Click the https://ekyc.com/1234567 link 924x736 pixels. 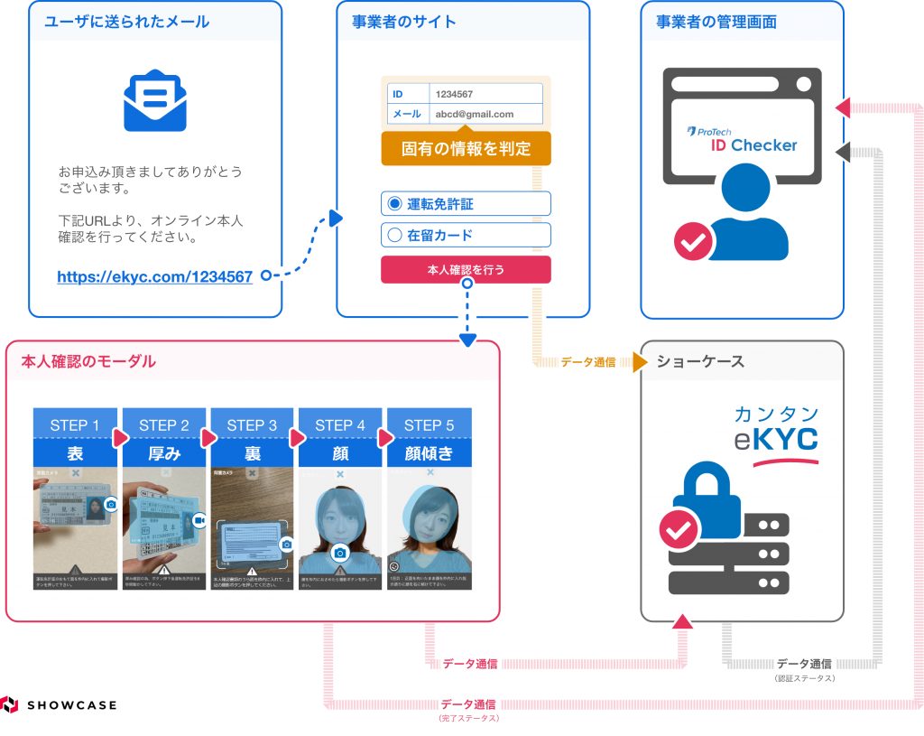[x=154, y=277]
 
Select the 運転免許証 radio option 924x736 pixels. [x=394, y=204]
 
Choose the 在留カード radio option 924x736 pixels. [x=394, y=236]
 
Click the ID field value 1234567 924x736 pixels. [x=455, y=94]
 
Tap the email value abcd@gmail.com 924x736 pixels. [x=475, y=115]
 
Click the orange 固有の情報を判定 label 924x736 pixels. [x=466, y=149]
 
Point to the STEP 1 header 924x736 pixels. [x=76, y=425]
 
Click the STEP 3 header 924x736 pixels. [x=253, y=425]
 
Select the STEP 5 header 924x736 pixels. [x=430, y=425]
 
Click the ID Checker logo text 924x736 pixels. [x=753, y=144]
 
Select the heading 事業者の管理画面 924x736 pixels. [x=716, y=22]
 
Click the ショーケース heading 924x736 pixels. [x=700, y=362]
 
